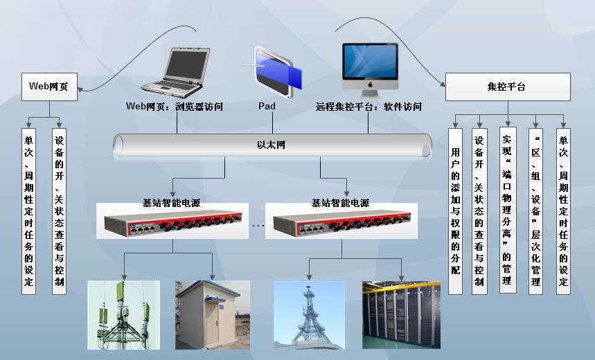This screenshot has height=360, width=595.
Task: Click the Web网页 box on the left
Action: pyautogui.click(x=48, y=87)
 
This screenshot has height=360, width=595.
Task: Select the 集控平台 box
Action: pyautogui.click(x=507, y=87)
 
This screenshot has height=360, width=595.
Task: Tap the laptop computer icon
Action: pyautogui.click(x=175, y=71)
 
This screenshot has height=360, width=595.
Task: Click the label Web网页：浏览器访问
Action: pyautogui.click(x=173, y=107)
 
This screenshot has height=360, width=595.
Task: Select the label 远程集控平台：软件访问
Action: pyautogui.click(x=368, y=107)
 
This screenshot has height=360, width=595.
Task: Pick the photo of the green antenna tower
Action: pyautogui.click(x=123, y=314)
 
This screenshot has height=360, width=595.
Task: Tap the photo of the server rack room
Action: pyautogui.click(x=401, y=314)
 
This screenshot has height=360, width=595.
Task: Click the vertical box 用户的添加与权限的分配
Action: pyautogui.click(x=455, y=210)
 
